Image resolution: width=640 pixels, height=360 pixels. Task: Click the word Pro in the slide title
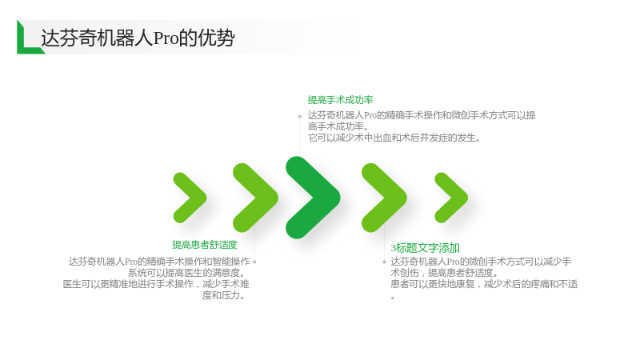click(x=166, y=38)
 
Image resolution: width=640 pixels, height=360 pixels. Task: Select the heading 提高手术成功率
click(x=341, y=100)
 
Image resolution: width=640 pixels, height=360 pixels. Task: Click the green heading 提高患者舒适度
click(x=205, y=245)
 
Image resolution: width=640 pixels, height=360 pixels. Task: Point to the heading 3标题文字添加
click(x=426, y=248)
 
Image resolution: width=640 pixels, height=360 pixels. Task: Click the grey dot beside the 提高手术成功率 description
click(x=299, y=117)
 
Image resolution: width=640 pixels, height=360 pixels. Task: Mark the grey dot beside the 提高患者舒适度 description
click(x=254, y=262)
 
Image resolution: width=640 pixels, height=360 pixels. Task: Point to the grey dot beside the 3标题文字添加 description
click(x=384, y=262)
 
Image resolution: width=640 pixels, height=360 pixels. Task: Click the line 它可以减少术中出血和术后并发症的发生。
click(x=394, y=138)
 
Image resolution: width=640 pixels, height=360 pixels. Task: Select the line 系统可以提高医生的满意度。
click(x=186, y=273)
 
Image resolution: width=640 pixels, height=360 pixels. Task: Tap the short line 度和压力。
click(x=224, y=295)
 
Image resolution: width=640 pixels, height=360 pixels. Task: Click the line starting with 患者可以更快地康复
click(x=484, y=284)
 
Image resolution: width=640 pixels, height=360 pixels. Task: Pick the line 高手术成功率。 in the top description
click(x=338, y=126)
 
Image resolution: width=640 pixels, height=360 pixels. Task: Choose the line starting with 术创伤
click(x=444, y=273)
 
